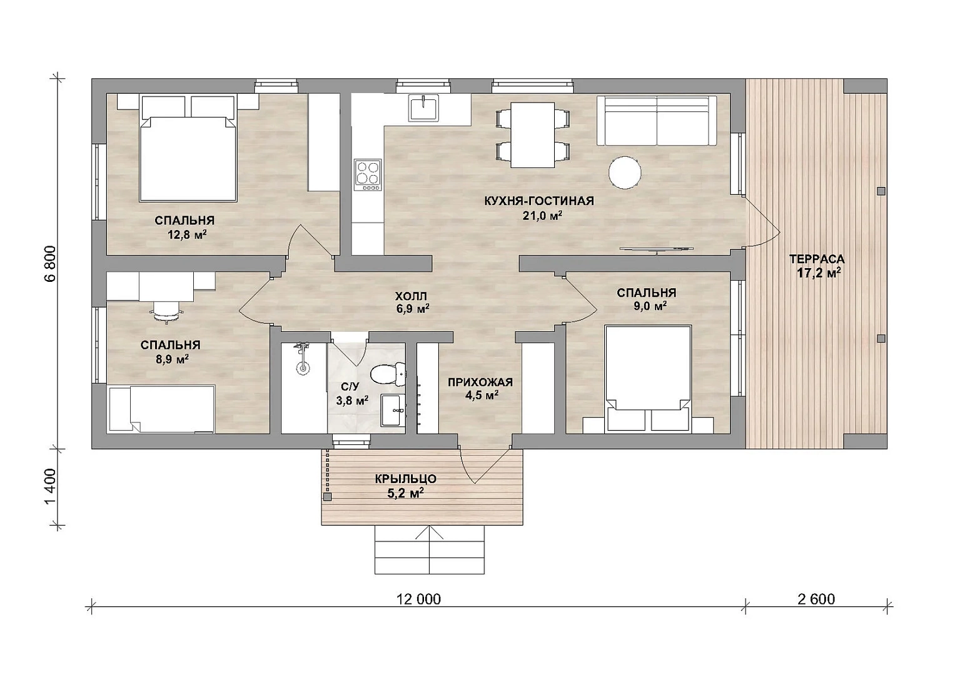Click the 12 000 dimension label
[418, 599]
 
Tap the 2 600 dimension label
[816, 599]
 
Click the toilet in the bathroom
[387, 374]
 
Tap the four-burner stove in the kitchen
[368, 175]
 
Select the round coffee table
[625, 172]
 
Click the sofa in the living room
[657, 121]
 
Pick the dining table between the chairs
[532, 134]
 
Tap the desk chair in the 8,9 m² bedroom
[166, 311]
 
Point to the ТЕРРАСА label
[817, 259]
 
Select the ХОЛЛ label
[410, 296]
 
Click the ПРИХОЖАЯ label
[480, 382]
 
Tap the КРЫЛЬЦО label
[405, 479]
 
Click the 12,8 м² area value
[188, 234]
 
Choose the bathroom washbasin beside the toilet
[391, 410]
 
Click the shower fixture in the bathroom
[303, 358]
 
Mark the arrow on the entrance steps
[429, 549]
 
